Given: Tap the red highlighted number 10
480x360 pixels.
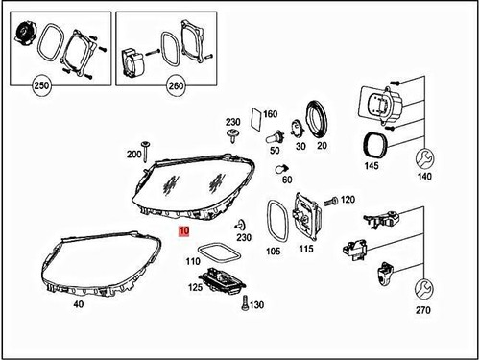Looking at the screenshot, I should (183, 232).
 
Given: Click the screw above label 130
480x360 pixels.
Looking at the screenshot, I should (245, 304).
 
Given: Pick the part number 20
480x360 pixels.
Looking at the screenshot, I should (322, 146).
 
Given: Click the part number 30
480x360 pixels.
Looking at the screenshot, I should (300, 146).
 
